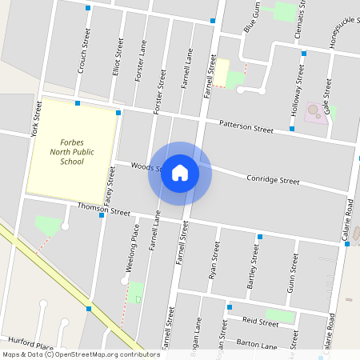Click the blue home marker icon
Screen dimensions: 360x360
pos(180,173)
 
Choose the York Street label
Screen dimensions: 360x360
pos(35,119)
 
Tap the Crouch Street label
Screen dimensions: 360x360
pos(84,54)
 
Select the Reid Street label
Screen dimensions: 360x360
pos(262,322)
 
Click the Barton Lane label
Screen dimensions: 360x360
pos(257,345)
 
